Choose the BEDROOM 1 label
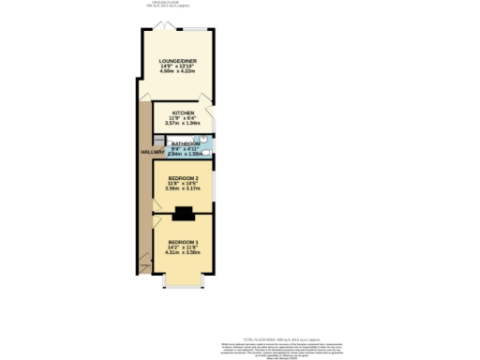(x=183, y=242)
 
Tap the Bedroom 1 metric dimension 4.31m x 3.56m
(x=183, y=253)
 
